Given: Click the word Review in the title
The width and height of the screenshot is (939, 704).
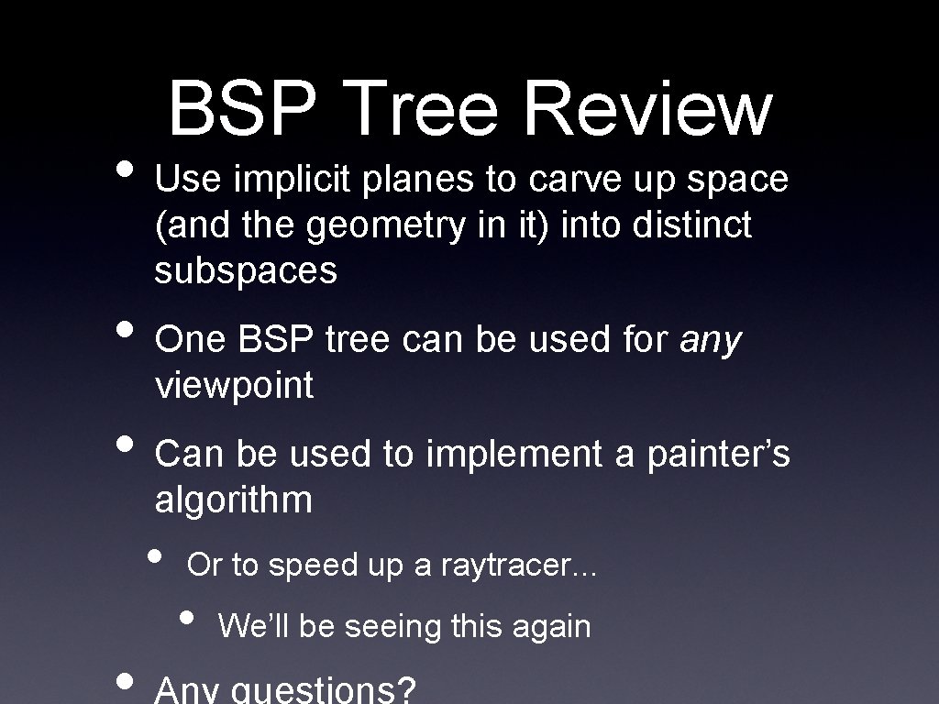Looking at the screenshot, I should pos(646,109).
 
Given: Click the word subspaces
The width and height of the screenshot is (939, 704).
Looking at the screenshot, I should pos(246,271).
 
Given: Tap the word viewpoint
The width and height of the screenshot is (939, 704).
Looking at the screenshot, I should pos(235,387).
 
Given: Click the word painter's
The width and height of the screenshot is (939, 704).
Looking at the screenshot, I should pos(718,455).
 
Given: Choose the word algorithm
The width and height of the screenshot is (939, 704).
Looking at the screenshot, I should pos(234,500).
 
